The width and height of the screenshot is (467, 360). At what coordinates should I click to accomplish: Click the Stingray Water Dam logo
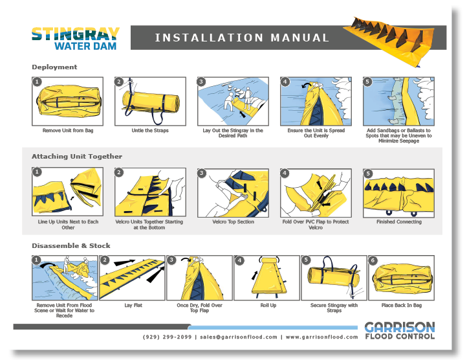75,38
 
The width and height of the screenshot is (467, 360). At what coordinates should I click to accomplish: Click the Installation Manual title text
242,38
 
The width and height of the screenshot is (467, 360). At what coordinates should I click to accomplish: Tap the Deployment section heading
54,67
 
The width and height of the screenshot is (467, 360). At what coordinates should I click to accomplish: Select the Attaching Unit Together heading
77,156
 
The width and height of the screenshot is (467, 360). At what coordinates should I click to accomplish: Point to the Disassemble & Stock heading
71,245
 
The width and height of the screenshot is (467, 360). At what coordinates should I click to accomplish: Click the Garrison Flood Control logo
400,330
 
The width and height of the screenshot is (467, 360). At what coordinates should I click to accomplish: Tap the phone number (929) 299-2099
167,337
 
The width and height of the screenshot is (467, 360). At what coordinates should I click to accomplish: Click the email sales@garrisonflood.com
239,337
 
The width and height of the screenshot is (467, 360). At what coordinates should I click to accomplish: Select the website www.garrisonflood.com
321,337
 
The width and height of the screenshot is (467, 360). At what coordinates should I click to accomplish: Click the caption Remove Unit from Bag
68,130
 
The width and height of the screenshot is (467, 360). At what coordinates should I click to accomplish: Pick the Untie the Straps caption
150,130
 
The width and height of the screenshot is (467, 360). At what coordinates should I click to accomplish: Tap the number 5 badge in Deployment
367,82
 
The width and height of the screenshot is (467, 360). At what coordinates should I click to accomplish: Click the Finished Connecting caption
399,221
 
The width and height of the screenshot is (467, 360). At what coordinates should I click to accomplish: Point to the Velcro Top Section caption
234,221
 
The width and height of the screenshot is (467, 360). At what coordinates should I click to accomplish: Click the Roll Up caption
268,305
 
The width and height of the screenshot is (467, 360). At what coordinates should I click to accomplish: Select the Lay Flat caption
133,305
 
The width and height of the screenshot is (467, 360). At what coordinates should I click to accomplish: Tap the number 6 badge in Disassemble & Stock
373,260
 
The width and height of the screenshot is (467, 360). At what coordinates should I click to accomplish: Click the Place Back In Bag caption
402,305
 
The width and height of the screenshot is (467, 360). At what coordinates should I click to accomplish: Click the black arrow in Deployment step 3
243,114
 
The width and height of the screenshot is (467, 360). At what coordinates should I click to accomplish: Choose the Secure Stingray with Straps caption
334,308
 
